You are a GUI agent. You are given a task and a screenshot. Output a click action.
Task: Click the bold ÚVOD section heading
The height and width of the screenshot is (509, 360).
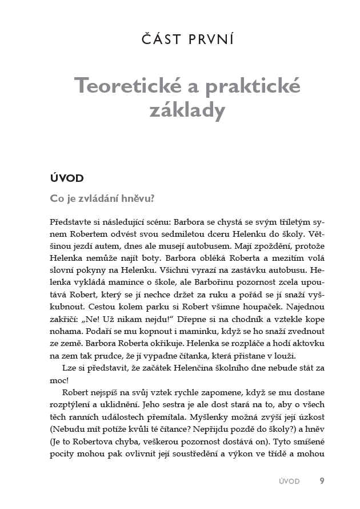click(x=67, y=178)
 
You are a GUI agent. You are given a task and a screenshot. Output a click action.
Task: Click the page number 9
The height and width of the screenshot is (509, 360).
click(x=322, y=481)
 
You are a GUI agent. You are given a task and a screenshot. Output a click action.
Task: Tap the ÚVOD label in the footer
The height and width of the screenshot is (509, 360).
click(x=287, y=482)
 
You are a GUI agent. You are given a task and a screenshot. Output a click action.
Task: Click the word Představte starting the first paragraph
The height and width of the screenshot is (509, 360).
click(x=73, y=221)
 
